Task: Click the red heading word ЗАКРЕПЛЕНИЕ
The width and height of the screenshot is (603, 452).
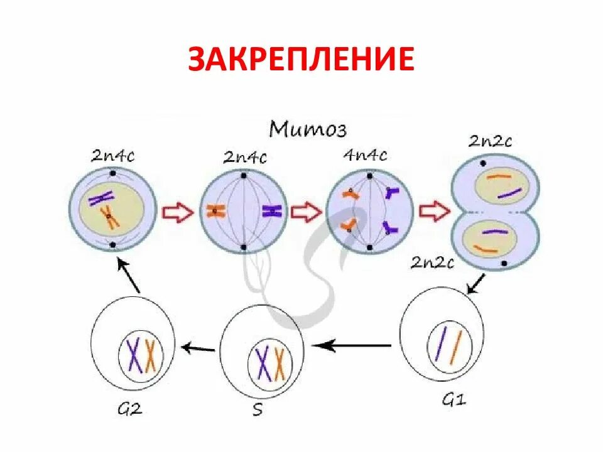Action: coord(301,60)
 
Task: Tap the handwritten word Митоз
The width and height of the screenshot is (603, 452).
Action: coord(308,129)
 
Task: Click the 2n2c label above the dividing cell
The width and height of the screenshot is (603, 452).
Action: coord(490,141)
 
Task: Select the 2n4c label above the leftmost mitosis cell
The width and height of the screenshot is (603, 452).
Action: coord(113,156)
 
